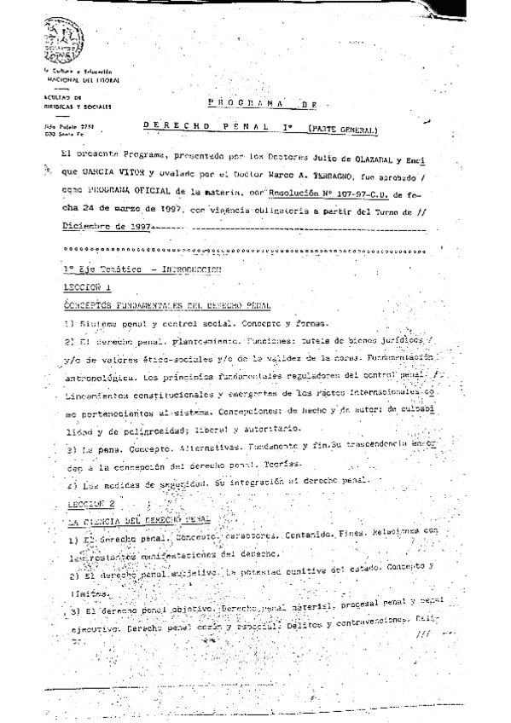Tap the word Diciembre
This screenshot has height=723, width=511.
tap(88, 228)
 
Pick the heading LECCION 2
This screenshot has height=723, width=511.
tap(90, 504)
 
